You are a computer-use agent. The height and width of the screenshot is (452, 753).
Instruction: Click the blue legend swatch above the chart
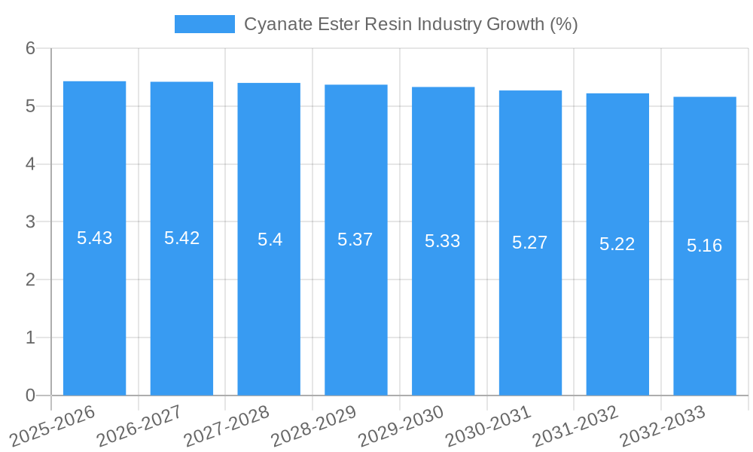pyautogui.click(x=204, y=24)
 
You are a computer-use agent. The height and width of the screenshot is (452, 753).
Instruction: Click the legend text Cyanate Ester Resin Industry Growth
pyautogui.click(x=410, y=24)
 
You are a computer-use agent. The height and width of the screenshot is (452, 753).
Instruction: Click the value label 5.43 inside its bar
pyautogui.click(x=94, y=238)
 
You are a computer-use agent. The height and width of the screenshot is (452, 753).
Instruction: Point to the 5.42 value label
pyautogui.click(x=181, y=238)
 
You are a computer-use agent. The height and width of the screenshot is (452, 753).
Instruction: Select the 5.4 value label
pyautogui.click(x=269, y=240)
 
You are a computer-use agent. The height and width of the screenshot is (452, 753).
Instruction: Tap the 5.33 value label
pyautogui.click(x=443, y=241)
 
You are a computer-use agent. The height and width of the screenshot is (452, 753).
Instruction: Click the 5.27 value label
pyautogui.click(x=530, y=243)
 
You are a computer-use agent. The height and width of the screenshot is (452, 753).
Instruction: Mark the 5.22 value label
pyautogui.click(x=617, y=244)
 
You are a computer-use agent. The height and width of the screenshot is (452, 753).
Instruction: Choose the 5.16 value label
pyautogui.click(x=704, y=246)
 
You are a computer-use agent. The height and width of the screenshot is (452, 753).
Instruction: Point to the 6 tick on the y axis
pyautogui.click(x=30, y=48)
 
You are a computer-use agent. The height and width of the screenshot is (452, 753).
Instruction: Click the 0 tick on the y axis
pyautogui.click(x=30, y=395)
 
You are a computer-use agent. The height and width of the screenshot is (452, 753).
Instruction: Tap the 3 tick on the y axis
pyautogui.click(x=30, y=222)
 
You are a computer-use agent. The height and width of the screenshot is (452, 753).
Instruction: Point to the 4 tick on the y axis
pyautogui.click(x=30, y=164)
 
